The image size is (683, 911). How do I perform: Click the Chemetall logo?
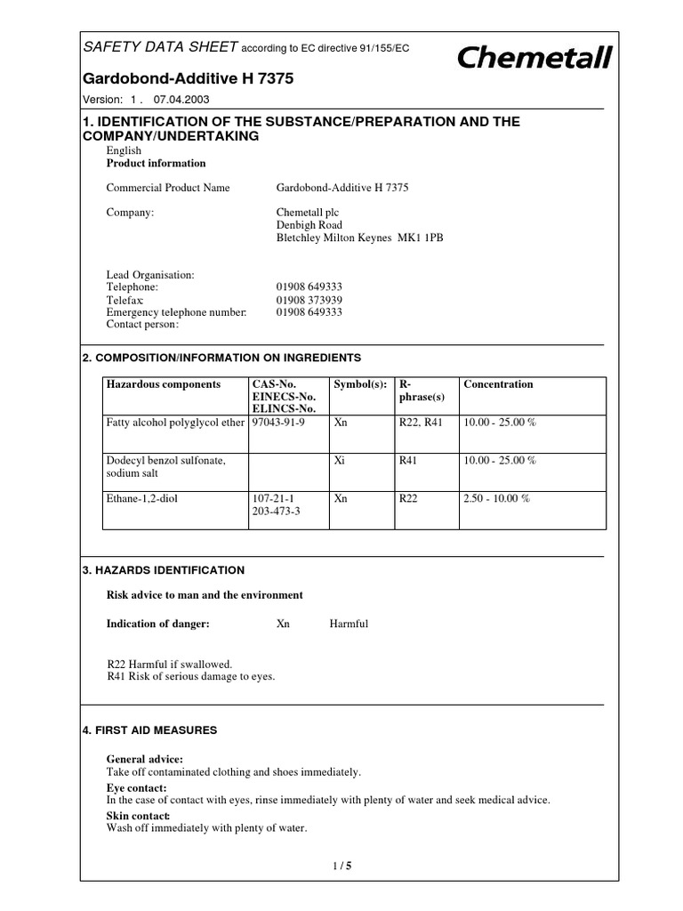pos(534,59)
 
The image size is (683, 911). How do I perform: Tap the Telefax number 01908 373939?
pos(309,300)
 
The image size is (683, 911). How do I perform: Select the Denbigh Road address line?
pos(309,225)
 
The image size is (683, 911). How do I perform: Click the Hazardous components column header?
pos(164,384)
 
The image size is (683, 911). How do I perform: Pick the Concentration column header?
pos(498,384)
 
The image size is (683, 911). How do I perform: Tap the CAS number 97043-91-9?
pos(279,422)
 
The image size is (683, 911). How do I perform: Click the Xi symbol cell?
pos(339,460)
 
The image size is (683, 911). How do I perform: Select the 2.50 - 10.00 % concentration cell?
pos(496,499)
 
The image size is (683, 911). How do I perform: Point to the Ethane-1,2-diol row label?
pos(142,499)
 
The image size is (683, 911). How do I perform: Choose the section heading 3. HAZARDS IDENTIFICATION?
pos(163,569)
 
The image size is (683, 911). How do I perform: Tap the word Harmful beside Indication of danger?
pos(349,624)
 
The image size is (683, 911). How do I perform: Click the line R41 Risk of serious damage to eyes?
pos(190,676)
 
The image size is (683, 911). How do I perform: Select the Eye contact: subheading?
pos(136,788)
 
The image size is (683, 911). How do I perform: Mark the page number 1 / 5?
pos(341,864)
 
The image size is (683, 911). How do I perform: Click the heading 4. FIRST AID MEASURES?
pos(149,730)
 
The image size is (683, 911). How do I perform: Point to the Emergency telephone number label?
pos(177,312)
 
